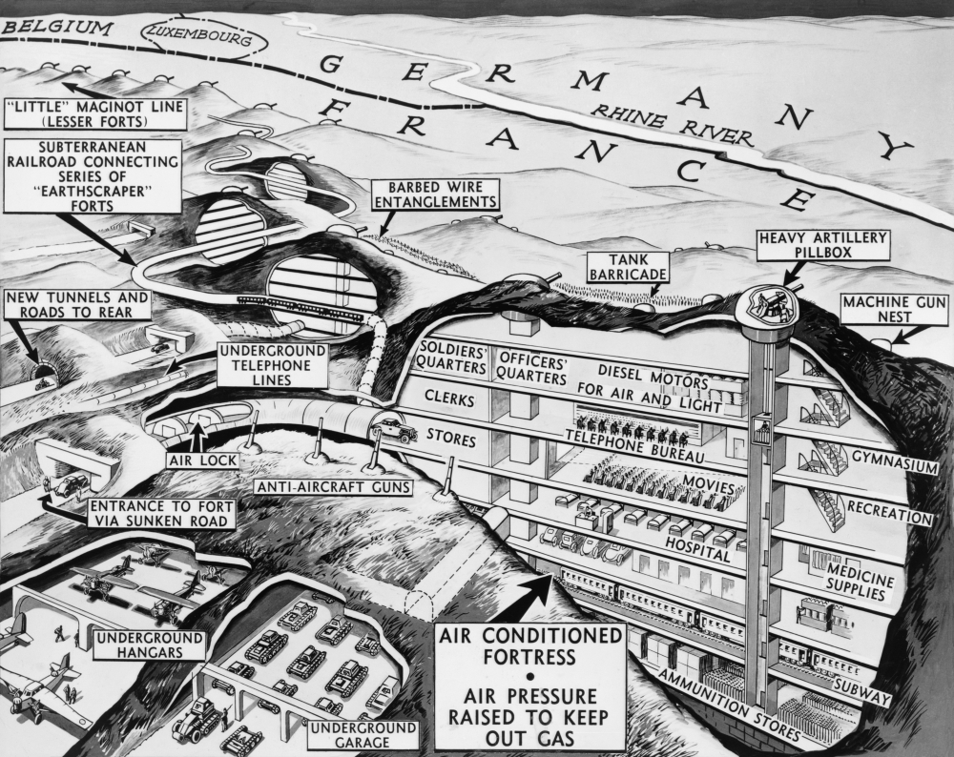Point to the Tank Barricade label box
point(626,267)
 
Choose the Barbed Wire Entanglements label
point(436,195)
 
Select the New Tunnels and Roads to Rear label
point(77,305)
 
